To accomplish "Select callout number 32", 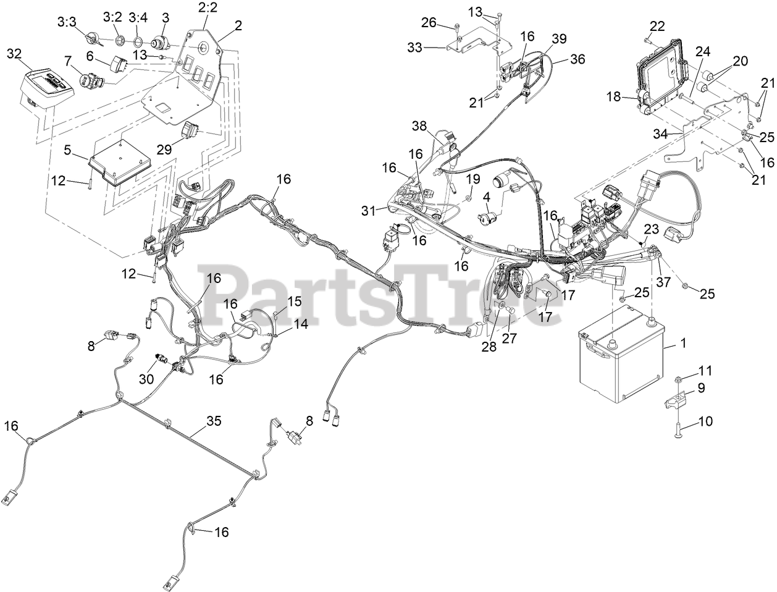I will [x=14, y=54].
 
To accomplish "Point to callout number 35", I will [x=214, y=422].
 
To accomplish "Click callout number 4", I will [x=487, y=197].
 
